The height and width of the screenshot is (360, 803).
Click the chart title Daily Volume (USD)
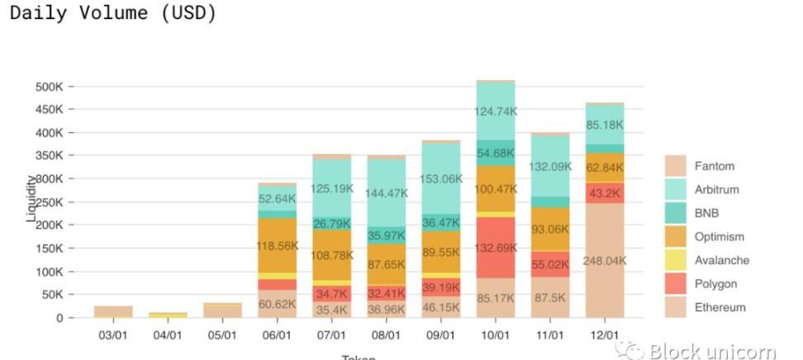tap(112, 14)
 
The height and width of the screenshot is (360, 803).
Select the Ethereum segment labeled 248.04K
tap(605, 260)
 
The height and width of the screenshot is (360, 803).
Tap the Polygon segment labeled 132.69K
tap(495, 247)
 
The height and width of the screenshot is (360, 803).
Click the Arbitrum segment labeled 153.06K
tap(440, 178)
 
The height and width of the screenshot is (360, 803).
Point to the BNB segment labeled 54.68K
tap(495, 153)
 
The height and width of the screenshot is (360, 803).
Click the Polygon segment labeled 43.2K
tap(605, 193)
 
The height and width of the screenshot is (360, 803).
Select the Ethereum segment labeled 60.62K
tap(277, 304)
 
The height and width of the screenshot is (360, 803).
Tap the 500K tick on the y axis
tap(50, 87)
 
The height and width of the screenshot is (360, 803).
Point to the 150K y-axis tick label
tap(50, 249)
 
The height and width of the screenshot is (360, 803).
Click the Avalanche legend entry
tap(721, 260)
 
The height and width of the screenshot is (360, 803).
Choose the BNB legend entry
tap(706, 213)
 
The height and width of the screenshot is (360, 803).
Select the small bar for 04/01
tap(168, 315)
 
